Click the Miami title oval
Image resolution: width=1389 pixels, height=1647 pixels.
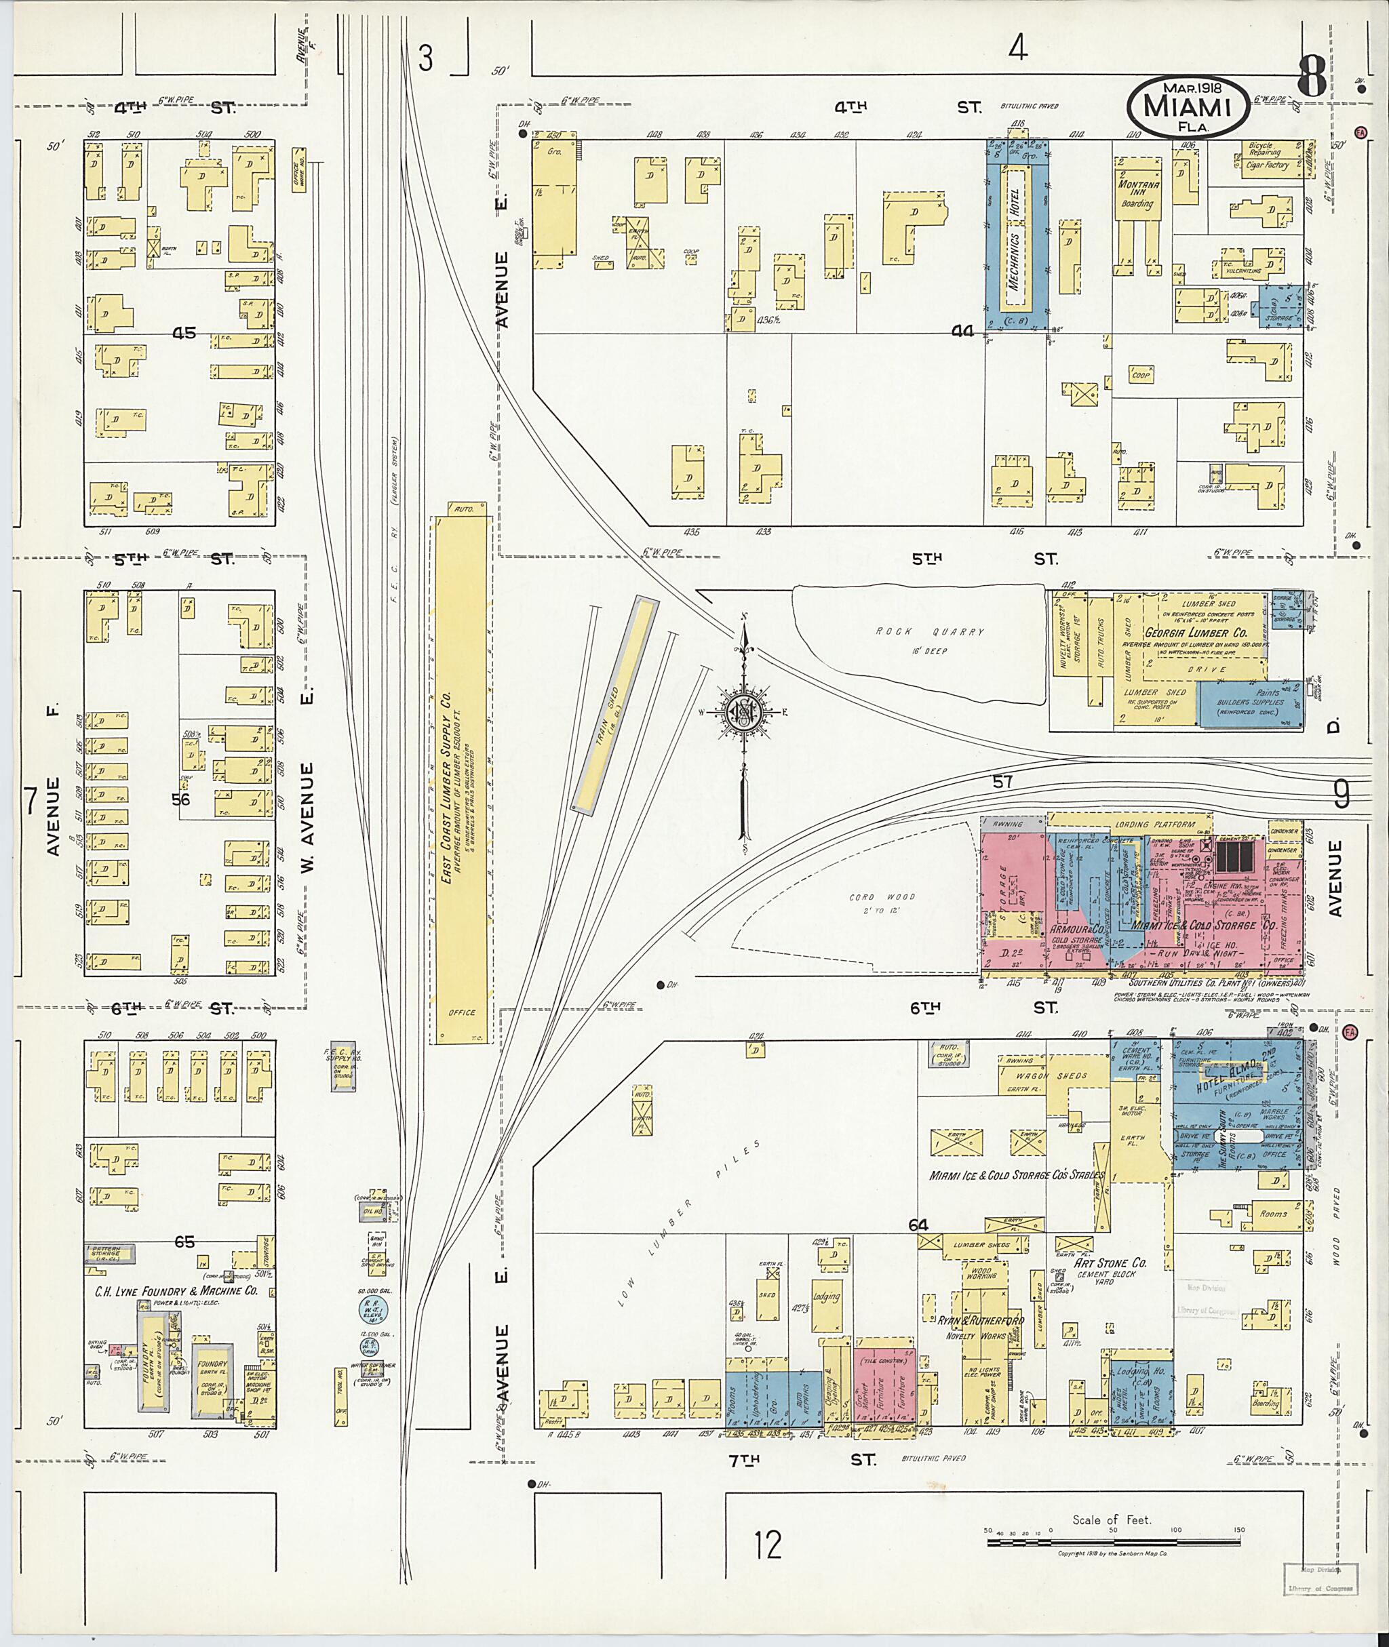(x=1188, y=108)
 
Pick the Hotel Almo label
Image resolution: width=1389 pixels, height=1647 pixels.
(x=1229, y=1084)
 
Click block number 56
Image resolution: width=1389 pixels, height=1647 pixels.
(x=182, y=799)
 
